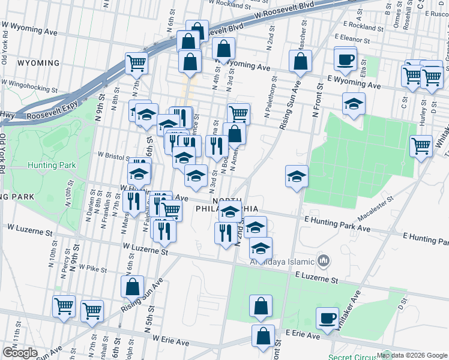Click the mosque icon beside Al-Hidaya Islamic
pos(324,260)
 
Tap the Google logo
pos(20,353)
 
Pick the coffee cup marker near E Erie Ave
pos(327,318)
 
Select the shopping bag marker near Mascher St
pos(300,61)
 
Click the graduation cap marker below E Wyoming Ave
pos(354,103)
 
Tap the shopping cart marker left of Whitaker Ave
pos(421,146)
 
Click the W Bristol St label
pos(114,154)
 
